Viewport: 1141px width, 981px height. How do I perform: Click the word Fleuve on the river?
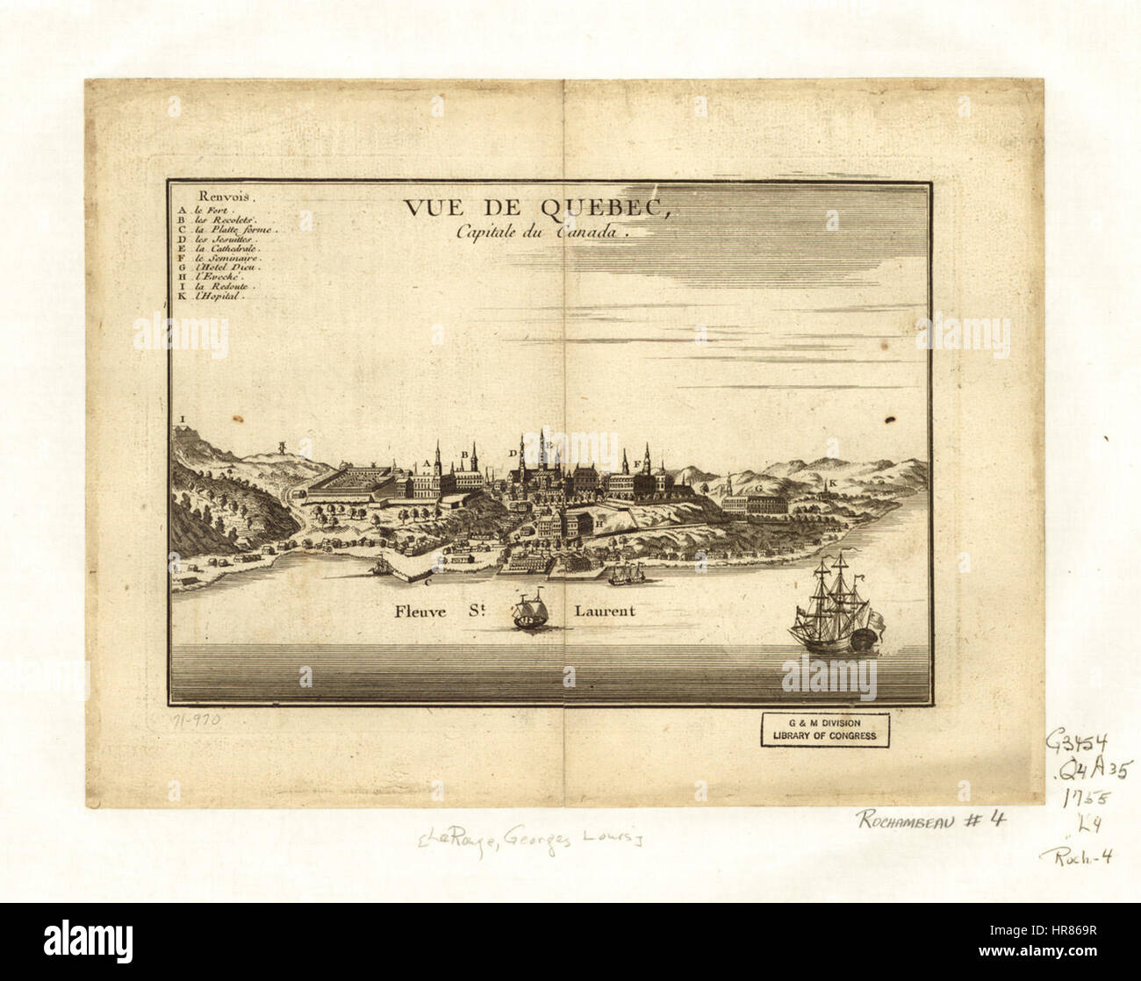click(422, 611)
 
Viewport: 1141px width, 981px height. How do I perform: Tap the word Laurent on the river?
click(604, 611)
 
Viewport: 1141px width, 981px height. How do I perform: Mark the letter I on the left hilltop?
click(183, 419)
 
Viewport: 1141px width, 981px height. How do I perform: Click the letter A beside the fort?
click(427, 462)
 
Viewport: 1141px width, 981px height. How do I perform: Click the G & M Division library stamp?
click(823, 728)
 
